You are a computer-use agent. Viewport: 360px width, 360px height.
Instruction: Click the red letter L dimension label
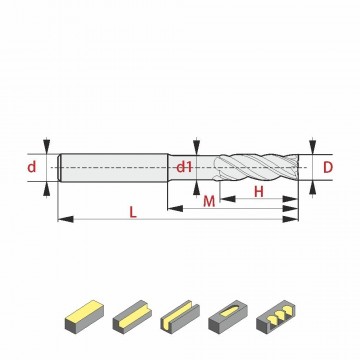coord(133,212)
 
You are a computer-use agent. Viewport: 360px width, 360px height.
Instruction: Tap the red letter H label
coord(259,192)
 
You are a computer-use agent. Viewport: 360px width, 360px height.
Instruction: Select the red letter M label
coord(209,201)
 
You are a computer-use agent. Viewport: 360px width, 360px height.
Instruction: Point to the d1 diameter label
coord(184,167)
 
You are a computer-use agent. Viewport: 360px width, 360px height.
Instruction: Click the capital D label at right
coord(328,168)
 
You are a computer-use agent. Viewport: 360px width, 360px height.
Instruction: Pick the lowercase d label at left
coord(31,167)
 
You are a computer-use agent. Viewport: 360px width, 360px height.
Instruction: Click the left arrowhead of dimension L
coord(66,219)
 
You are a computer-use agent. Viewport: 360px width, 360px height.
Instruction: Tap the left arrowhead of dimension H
coord(228,199)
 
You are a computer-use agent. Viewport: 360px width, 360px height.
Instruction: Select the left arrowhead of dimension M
coord(175,209)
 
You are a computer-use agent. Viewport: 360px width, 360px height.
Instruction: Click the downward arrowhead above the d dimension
coord(47,146)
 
